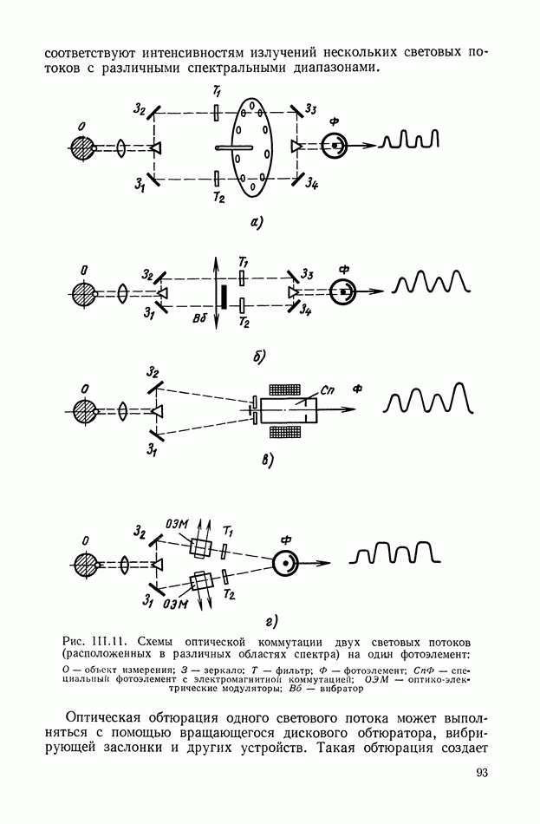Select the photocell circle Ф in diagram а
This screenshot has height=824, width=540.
(334, 145)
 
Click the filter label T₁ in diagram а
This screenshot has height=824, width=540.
(217, 93)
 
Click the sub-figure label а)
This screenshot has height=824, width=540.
(256, 223)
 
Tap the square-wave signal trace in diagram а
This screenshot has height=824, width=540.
(410, 140)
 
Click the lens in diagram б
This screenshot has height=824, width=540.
(123, 291)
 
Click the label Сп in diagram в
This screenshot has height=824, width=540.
(327, 390)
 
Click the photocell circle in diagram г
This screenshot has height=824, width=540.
(285, 563)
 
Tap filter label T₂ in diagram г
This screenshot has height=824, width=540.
(229, 594)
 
